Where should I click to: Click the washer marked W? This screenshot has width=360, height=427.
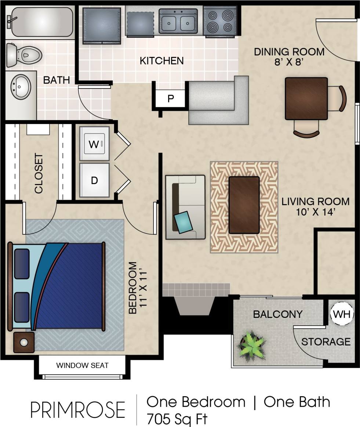click(x=94, y=144)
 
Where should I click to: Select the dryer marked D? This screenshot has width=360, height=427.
click(x=94, y=180)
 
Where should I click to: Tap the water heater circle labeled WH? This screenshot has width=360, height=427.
click(x=342, y=314)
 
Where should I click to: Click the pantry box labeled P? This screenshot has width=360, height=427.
click(x=171, y=99)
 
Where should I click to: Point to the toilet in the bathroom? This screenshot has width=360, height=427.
click(x=24, y=55)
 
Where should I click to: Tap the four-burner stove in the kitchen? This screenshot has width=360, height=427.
click(x=219, y=21)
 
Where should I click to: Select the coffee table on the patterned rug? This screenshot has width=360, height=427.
click(x=244, y=205)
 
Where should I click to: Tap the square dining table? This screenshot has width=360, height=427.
click(x=306, y=98)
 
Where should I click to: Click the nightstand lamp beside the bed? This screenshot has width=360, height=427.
click(x=24, y=342)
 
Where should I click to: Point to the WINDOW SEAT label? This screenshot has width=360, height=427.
click(x=82, y=365)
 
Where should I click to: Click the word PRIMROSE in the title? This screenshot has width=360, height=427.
click(x=77, y=410)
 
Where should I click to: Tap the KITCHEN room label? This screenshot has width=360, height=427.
click(x=161, y=61)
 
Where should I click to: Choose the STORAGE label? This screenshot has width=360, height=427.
click(x=326, y=342)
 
